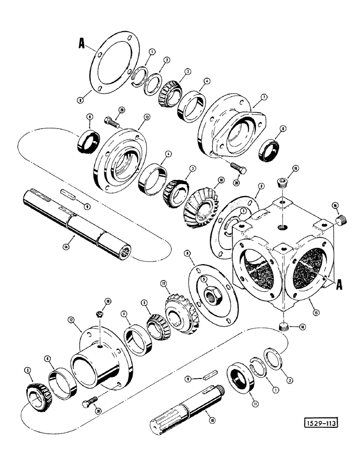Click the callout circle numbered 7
click(x=263, y=97)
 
